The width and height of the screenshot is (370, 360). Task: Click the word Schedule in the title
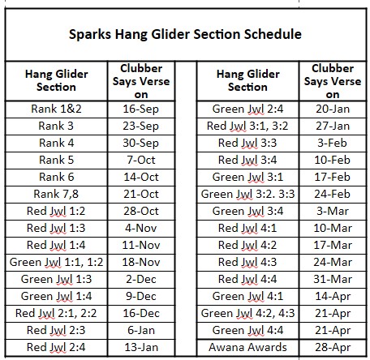pyautogui.click(x=273, y=34)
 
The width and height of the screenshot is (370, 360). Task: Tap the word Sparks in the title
pyautogui.click(x=90, y=35)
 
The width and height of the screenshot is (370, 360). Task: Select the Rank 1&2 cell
pyautogui.click(x=56, y=109)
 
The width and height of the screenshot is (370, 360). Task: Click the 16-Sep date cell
pyautogui.click(x=141, y=109)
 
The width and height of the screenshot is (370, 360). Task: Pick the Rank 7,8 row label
pyautogui.click(x=56, y=194)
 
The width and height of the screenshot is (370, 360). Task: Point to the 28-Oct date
pyautogui.click(x=141, y=211)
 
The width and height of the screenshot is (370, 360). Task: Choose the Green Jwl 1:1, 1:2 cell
pyautogui.click(x=56, y=262)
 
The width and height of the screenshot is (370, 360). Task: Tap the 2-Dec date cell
pyautogui.click(x=141, y=279)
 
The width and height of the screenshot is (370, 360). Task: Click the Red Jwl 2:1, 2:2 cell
pyautogui.click(x=56, y=313)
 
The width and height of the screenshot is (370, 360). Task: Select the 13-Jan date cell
pyautogui.click(x=141, y=347)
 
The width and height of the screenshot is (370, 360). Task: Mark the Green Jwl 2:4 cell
pyautogui.click(x=247, y=109)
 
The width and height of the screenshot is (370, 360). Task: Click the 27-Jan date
pyautogui.click(x=333, y=126)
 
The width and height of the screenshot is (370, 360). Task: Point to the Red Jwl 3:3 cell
pyautogui.click(x=247, y=144)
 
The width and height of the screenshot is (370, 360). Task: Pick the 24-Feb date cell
pyautogui.click(x=333, y=194)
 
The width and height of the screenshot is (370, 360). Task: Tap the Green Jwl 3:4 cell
pyautogui.click(x=247, y=212)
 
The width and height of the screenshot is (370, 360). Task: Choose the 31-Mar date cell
pyautogui.click(x=333, y=279)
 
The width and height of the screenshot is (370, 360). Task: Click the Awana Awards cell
pyautogui.click(x=247, y=347)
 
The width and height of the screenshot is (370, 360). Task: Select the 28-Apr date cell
pyautogui.click(x=333, y=348)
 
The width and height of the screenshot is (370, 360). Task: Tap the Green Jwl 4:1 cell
pyautogui.click(x=247, y=297)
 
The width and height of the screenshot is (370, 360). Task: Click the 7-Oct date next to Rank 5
pyautogui.click(x=141, y=160)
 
